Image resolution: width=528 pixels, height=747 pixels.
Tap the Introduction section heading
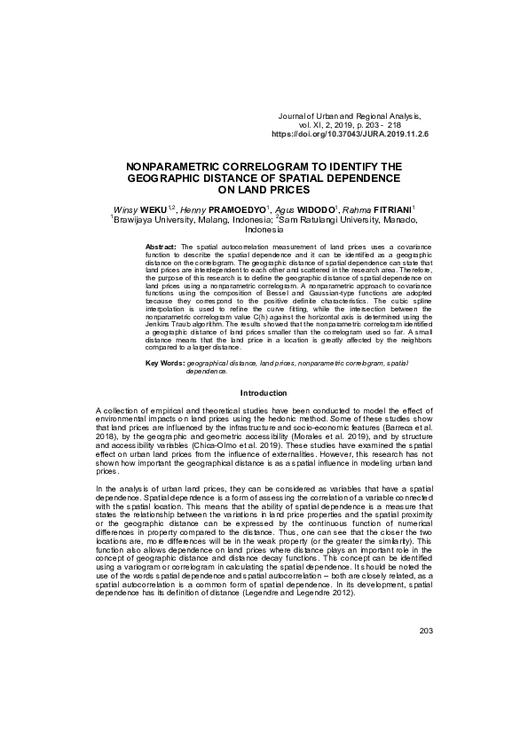264,392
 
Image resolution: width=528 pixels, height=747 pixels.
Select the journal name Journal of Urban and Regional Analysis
348,116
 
